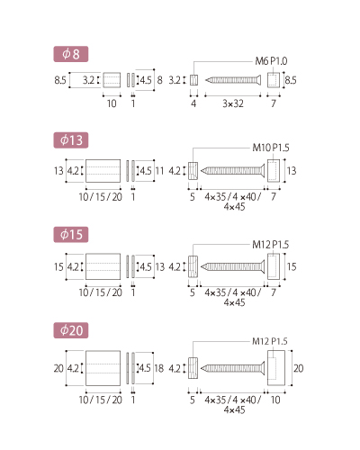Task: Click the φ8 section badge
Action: tap(71, 54)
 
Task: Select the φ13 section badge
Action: tap(71, 140)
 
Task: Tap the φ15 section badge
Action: tap(71, 234)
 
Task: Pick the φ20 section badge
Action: tap(71, 330)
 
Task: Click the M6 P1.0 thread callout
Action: tap(271, 61)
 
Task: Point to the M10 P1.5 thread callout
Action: tap(271, 148)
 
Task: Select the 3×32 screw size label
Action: tap(233, 103)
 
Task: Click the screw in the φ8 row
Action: tap(233, 80)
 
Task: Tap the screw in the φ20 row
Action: tap(233, 368)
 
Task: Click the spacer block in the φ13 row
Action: tap(103, 171)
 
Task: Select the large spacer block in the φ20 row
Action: tap(103, 368)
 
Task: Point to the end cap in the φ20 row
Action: tap(276, 368)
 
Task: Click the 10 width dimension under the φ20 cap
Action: tap(275, 400)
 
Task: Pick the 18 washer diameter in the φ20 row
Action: tap(159, 368)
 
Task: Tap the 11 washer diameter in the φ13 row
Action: tap(159, 171)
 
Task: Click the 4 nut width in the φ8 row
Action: tap(193, 103)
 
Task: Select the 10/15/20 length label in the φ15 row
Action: tap(101, 292)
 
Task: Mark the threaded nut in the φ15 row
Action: tap(193, 266)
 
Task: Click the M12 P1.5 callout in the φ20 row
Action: tap(270, 341)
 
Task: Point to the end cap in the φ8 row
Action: tap(274, 80)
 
